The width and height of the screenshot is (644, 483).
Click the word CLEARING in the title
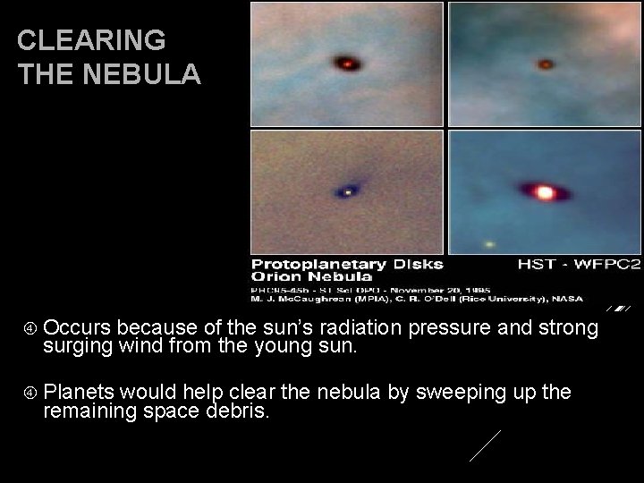pyautogui.click(x=91, y=40)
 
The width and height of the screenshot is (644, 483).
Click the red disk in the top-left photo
pyautogui.click(x=345, y=63)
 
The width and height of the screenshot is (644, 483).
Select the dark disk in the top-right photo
pyautogui.click(x=545, y=64)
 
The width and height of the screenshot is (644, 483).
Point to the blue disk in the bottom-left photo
pyautogui.click(x=348, y=191)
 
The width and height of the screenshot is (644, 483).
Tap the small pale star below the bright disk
pyautogui.click(x=489, y=243)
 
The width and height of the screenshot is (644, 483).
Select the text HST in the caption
pyautogui.click(x=534, y=265)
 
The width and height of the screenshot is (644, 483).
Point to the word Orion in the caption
pyautogui.click(x=275, y=277)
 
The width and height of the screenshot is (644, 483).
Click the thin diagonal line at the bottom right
pyautogui.click(x=485, y=445)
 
